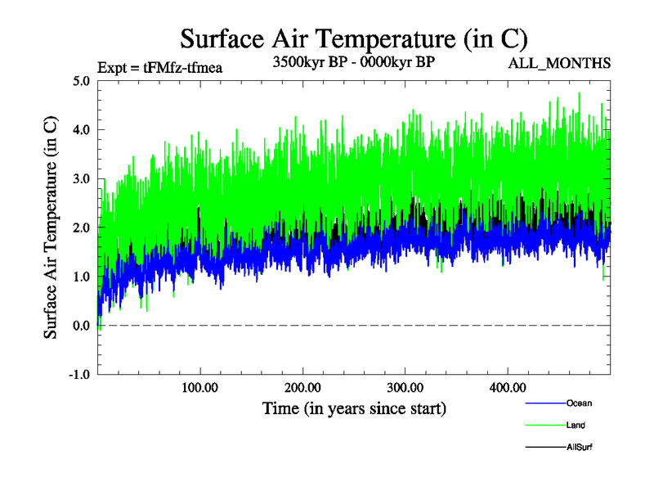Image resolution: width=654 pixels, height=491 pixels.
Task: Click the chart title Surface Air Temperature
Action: click(x=354, y=38)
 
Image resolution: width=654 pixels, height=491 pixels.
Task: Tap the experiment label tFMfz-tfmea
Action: click(x=159, y=67)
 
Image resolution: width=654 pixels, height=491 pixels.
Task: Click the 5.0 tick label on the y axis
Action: click(x=81, y=81)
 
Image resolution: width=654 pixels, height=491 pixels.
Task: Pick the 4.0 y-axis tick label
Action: click(x=81, y=130)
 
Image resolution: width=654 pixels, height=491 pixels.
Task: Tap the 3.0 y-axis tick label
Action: click(x=81, y=179)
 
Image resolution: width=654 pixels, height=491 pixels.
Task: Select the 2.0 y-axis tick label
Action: click(x=81, y=227)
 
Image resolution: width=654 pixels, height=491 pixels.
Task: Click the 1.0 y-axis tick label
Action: click(x=81, y=277)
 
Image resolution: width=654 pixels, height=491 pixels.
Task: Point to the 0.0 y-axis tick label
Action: click(x=81, y=326)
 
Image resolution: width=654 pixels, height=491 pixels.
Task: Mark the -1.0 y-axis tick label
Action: click(x=79, y=375)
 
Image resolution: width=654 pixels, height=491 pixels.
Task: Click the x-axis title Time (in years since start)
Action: click(x=354, y=408)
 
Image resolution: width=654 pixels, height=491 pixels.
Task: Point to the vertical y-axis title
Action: click(x=51, y=227)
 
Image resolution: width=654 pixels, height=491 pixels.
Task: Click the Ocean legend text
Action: click(x=579, y=403)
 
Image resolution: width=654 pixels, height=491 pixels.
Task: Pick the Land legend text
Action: click(x=576, y=425)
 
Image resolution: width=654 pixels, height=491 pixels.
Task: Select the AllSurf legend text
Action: click(x=580, y=447)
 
